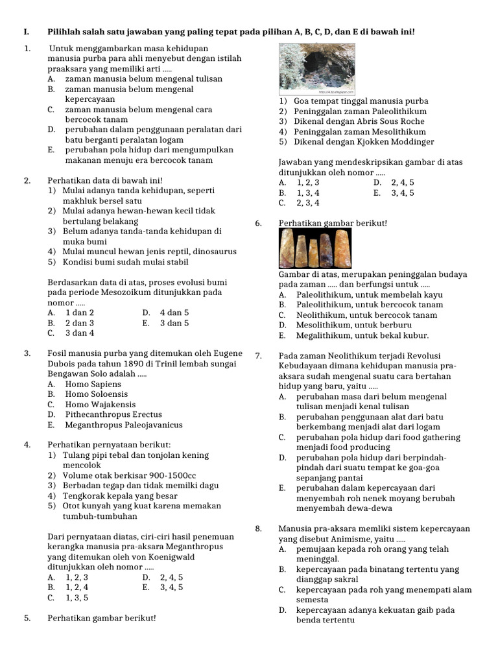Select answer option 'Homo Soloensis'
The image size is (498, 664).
click(96, 394)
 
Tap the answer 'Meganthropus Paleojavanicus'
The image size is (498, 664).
click(123, 425)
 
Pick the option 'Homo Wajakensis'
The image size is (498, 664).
click(100, 405)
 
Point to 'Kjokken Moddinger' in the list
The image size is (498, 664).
click(397, 141)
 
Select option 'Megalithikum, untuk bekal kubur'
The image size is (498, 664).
click(362, 335)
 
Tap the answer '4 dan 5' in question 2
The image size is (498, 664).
click(174, 313)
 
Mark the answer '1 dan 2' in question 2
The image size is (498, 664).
click(79, 313)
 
